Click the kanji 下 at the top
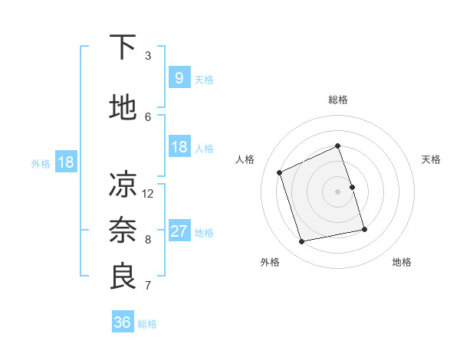[123, 48]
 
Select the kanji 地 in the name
[123, 108]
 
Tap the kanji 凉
[123, 185]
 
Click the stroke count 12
[148, 193]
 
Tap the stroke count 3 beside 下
[148, 56]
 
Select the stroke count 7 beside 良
[148, 286]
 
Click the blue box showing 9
[179, 78]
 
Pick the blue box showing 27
[179, 231]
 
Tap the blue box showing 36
[122, 322]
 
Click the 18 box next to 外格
[65, 162]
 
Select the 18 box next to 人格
[179, 147]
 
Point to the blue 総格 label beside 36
[148, 324]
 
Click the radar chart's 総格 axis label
[338, 100]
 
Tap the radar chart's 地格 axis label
[402, 262]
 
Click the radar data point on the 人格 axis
[280, 172]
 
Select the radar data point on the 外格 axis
[302, 241]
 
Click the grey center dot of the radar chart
[338, 191]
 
